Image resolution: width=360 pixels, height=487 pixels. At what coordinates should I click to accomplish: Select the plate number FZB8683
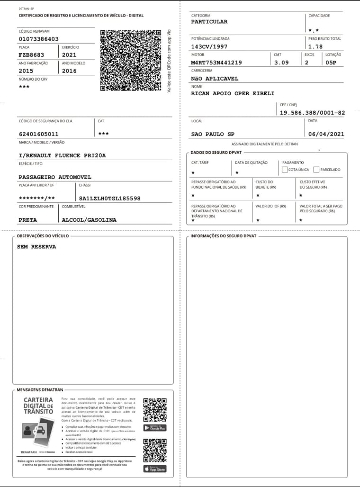click(x=31, y=55)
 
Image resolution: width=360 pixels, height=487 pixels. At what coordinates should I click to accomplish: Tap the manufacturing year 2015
click(x=26, y=71)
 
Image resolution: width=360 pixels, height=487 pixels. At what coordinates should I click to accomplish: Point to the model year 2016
click(x=69, y=71)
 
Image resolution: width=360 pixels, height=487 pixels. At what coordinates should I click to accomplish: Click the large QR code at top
click(x=131, y=61)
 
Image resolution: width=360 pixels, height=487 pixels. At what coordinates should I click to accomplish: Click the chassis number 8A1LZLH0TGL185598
click(x=110, y=198)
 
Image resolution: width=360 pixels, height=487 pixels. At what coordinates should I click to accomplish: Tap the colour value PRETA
click(x=27, y=220)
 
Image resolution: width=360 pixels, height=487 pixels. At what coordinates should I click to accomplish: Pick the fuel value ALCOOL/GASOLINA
click(x=89, y=220)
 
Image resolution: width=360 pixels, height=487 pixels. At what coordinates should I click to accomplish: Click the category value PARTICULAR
click(x=209, y=22)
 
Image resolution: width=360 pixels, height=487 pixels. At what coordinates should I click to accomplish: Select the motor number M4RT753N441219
click(x=216, y=63)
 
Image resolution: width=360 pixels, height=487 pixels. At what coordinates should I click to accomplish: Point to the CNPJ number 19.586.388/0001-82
click(x=312, y=113)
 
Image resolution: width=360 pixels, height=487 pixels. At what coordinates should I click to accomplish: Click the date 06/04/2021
click(x=326, y=134)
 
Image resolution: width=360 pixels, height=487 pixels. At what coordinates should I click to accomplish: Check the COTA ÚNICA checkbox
click(x=284, y=169)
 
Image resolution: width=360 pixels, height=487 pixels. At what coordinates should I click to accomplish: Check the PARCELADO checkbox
click(x=316, y=169)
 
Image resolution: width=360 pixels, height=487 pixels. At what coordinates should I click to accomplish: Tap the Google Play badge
click(x=155, y=428)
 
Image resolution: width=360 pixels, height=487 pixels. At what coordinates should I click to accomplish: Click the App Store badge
click(x=155, y=469)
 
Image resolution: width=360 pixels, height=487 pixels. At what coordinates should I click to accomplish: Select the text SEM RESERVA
click(x=36, y=247)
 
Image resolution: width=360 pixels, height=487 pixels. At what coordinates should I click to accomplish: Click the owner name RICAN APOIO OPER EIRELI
click(x=233, y=93)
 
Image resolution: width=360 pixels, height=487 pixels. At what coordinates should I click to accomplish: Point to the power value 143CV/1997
click(x=209, y=46)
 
